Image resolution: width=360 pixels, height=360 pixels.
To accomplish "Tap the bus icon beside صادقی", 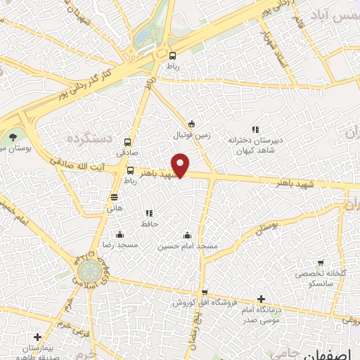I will click(x=127, y=141).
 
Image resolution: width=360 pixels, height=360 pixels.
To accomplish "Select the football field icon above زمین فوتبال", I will click(x=191, y=123).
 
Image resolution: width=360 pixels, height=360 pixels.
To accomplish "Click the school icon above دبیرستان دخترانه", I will click(x=255, y=129).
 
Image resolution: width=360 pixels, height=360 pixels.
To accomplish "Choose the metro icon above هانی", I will click(x=114, y=197).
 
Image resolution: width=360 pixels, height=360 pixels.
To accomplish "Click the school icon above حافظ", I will click(x=148, y=213).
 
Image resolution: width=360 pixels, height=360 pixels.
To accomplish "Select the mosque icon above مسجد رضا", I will click(x=120, y=235).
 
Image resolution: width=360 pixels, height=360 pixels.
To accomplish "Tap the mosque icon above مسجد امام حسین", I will click(x=187, y=236).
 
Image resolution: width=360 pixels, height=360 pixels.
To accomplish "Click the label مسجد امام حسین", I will click(x=187, y=246).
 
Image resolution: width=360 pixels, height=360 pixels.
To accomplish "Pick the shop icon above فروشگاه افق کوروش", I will click(x=205, y=292).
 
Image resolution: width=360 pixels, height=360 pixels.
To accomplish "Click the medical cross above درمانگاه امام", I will click(x=262, y=299).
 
